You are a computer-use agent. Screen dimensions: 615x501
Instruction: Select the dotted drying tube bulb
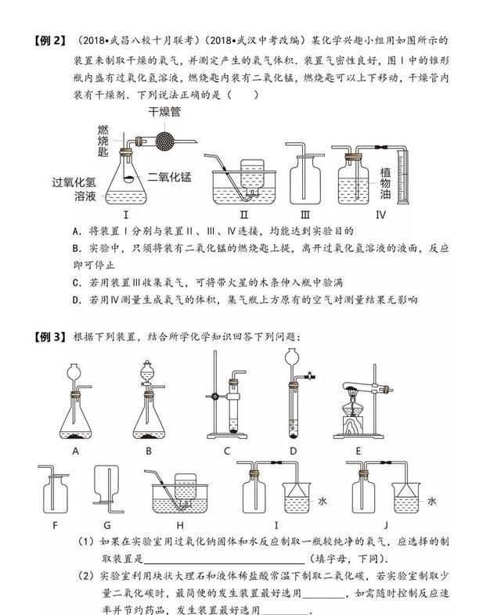click(165, 141)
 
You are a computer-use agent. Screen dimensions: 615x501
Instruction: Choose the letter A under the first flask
click(76, 451)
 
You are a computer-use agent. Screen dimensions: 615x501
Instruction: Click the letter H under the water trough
click(180, 524)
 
